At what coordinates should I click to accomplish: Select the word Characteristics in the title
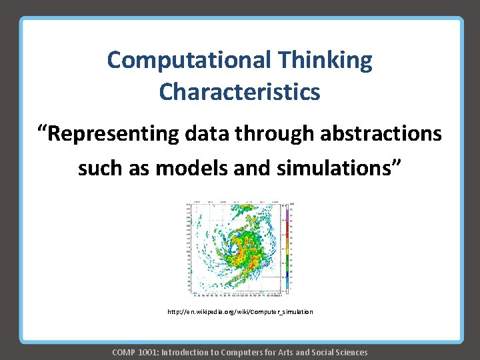pos(239,92)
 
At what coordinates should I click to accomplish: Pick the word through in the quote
pos(275,134)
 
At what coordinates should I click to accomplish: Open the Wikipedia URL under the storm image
pos(240,312)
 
